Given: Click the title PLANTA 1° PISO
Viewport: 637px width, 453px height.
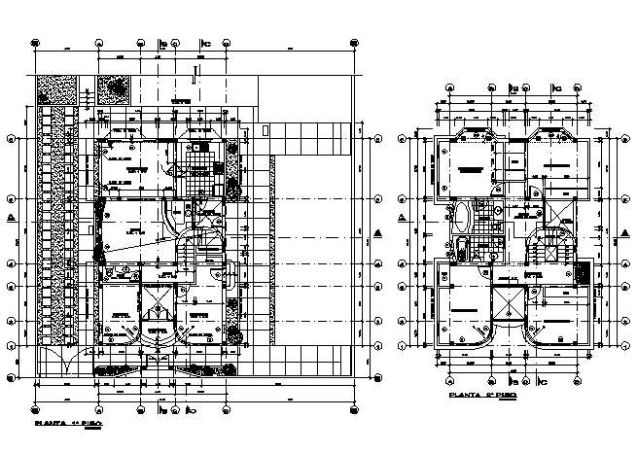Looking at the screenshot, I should pyautogui.click(x=68, y=425).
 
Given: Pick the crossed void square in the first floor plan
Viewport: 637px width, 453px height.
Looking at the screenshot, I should pyautogui.click(x=157, y=311).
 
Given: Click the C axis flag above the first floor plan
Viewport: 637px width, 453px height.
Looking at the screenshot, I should pyautogui.click(x=205, y=44).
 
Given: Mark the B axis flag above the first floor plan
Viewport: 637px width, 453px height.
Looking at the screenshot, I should pyautogui.click(x=163, y=44).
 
